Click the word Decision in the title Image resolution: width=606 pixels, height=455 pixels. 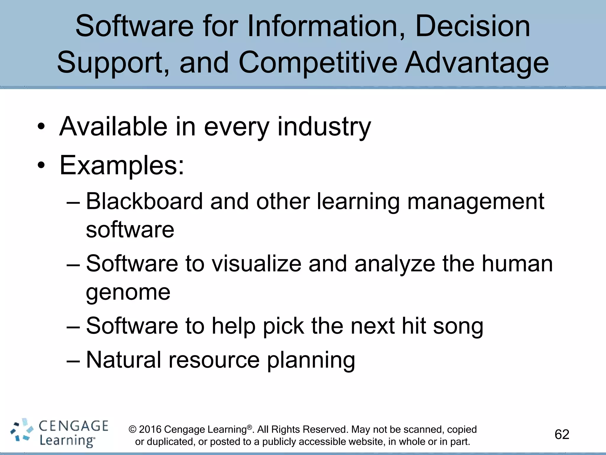click(473, 27)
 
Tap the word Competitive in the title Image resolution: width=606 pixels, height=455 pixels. click(318, 63)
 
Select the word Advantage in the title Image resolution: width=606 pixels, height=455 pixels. click(477, 63)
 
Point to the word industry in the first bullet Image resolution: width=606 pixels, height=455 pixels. click(324, 127)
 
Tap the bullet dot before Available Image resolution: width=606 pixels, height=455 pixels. click(41, 127)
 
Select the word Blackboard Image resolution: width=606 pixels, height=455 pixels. click(144, 201)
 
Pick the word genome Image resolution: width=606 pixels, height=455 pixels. click(128, 292)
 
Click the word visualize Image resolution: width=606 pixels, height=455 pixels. click(257, 264)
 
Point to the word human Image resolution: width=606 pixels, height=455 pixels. click(517, 264)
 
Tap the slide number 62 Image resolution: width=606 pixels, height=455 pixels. click(562, 435)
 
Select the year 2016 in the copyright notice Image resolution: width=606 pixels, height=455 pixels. click(150, 430)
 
